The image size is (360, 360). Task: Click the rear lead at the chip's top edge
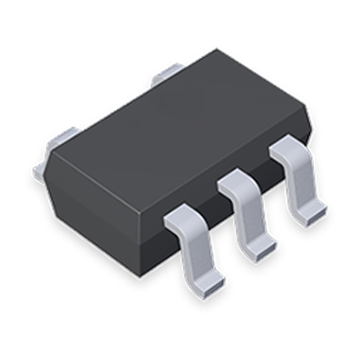pyautogui.click(x=168, y=74)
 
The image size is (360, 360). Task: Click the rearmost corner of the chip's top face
pyautogui.click(x=216, y=50)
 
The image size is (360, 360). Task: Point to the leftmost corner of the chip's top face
pyautogui.click(x=50, y=154)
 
